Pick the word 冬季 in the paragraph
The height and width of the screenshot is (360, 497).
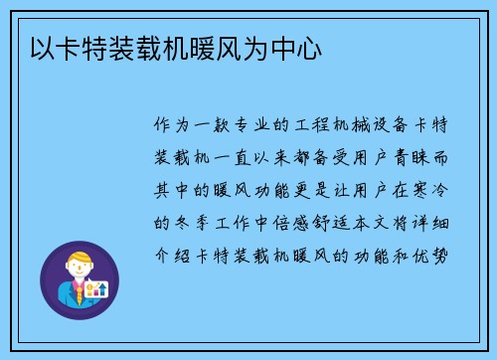(197, 223)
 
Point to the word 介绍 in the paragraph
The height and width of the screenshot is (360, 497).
(164, 255)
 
